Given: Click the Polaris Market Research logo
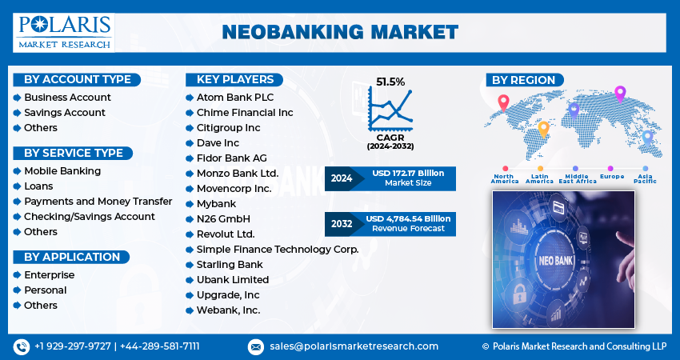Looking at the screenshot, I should click(64, 31).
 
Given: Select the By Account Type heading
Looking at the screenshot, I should click(78, 79).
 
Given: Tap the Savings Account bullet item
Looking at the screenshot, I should click(65, 113).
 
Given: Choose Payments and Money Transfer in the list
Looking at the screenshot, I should click(98, 202).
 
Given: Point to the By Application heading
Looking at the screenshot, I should click(72, 257).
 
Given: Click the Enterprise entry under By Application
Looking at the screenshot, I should click(49, 275).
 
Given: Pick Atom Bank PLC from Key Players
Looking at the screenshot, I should click(235, 98).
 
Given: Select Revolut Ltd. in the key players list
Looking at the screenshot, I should click(226, 234).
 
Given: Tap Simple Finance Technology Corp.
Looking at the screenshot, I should click(278, 250).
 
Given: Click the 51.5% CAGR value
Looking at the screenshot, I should click(390, 82).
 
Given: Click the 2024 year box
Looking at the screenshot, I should click(342, 178).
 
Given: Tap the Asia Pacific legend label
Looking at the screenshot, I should click(645, 178).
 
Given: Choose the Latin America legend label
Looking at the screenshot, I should click(539, 178).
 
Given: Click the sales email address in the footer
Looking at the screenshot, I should click(353, 346).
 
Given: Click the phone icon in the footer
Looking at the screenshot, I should click(21, 346).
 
